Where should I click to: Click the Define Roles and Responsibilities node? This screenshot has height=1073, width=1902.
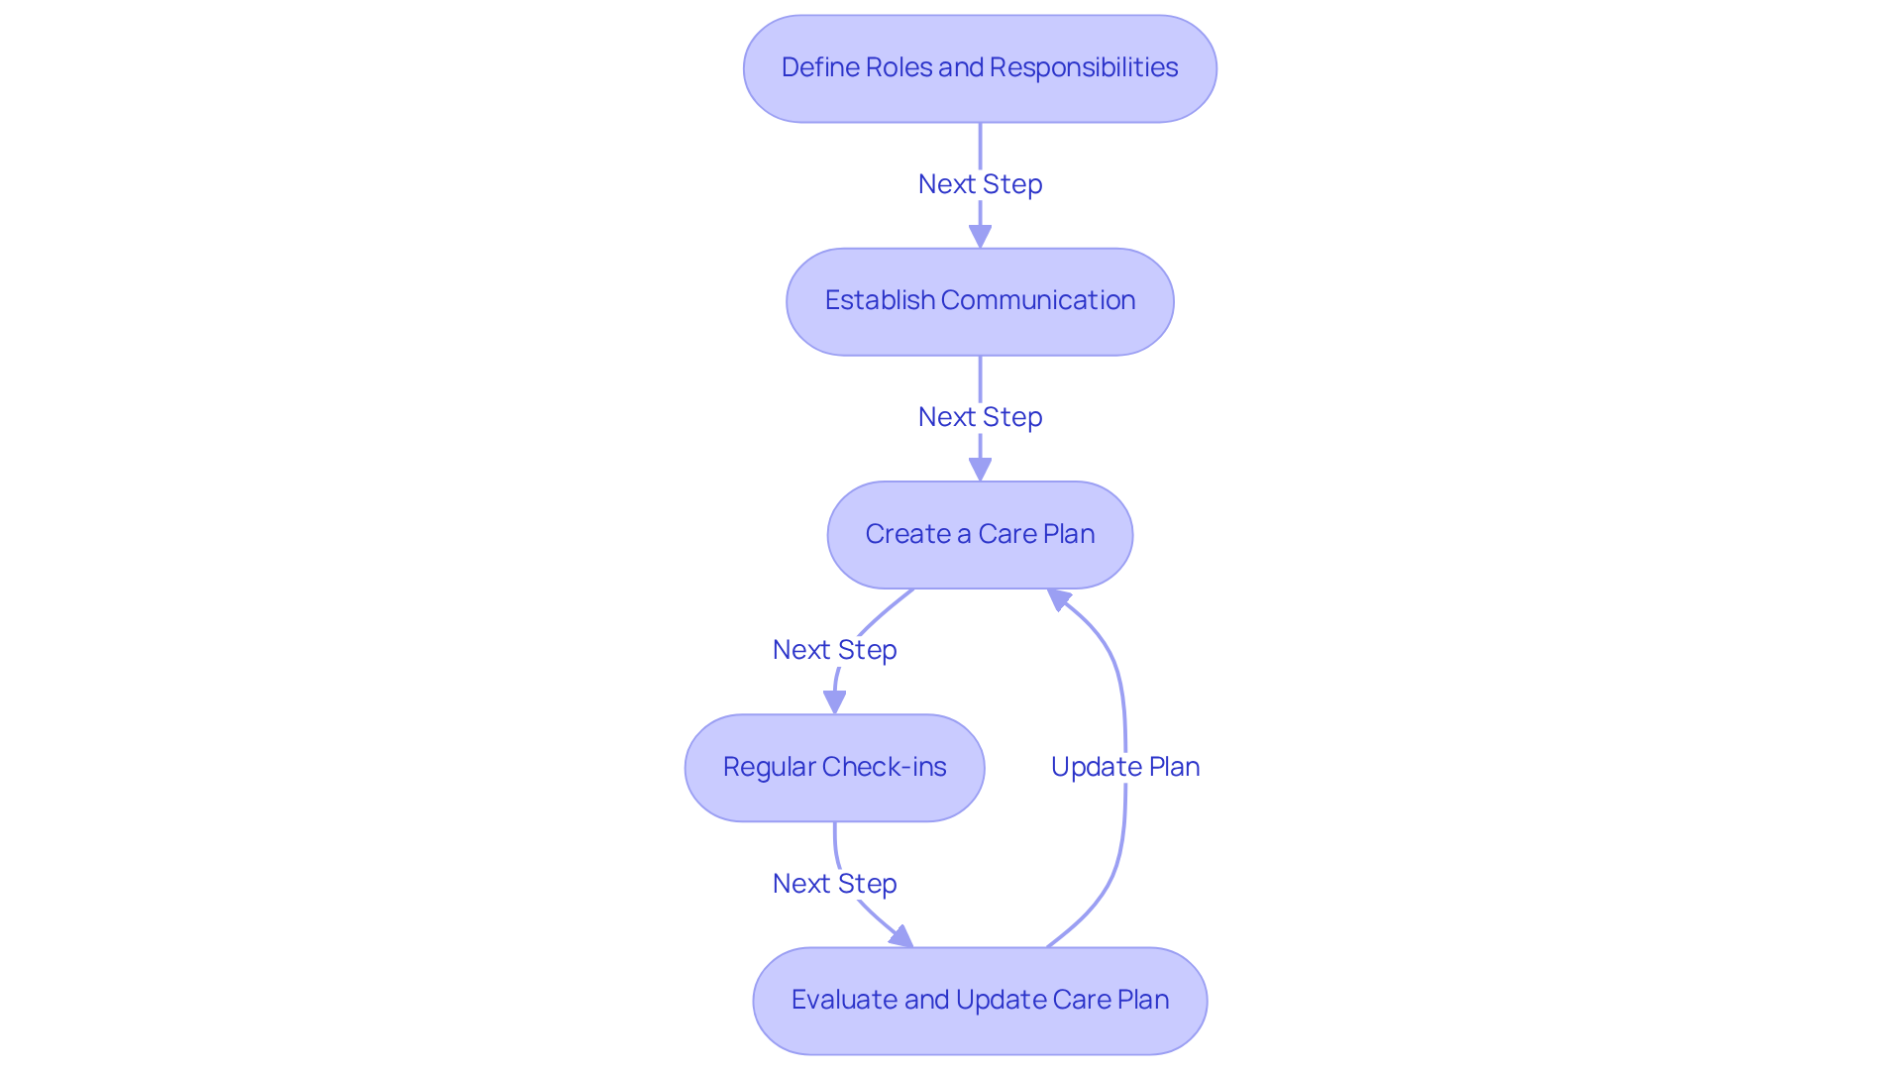coord(979,68)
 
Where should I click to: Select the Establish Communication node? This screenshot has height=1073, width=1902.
coord(979,301)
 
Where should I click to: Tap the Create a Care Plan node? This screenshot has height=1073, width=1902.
coord(979,534)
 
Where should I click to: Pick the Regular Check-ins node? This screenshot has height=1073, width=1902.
coord(834,767)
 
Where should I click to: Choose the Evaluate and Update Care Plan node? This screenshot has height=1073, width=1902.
coord(979,1000)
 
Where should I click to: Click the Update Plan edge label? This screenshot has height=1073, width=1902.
coord(1124,767)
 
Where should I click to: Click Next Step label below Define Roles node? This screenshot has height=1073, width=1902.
coord(979,184)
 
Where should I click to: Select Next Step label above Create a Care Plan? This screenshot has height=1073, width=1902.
coord(979,417)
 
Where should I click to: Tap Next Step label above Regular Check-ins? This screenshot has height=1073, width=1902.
coord(834,650)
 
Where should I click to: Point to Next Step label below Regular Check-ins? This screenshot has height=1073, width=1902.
coord(834,884)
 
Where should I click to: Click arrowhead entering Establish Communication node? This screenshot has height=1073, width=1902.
coord(980,237)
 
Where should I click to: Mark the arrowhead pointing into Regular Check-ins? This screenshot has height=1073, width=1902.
coord(835,702)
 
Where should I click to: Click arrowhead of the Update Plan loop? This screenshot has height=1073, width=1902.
coord(1059,598)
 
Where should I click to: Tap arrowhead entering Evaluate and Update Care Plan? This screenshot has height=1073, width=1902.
coord(900,936)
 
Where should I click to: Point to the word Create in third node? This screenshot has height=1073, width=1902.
coord(907,534)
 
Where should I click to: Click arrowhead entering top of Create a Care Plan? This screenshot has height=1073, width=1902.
coord(980,470)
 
